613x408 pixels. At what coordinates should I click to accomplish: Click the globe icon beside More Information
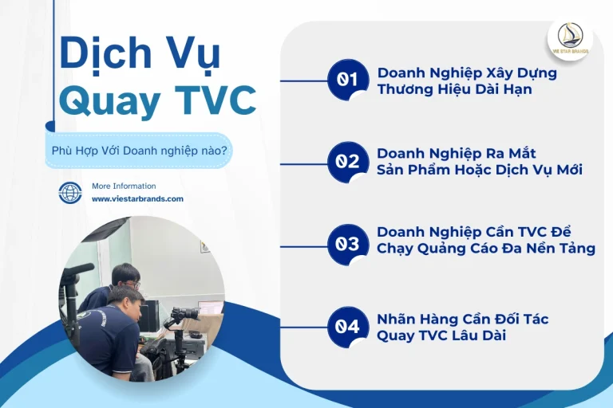click(70, 193)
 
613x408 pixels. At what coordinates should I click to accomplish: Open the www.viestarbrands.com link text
click(137, 199)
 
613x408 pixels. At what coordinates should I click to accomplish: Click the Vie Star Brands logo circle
click(569, 38)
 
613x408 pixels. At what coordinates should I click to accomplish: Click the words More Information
click(124, 186)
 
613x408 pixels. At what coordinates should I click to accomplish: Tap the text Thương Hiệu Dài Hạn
click(454, 89)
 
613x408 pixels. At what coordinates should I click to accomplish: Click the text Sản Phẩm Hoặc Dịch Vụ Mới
click(480, 171)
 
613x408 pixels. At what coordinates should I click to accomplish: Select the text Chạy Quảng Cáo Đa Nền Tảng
click(485, 249)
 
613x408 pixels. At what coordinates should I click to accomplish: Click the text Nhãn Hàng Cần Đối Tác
click(462, 319)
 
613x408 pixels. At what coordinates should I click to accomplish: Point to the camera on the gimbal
click(184, 315)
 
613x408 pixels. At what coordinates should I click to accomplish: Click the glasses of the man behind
click(133, 282)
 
